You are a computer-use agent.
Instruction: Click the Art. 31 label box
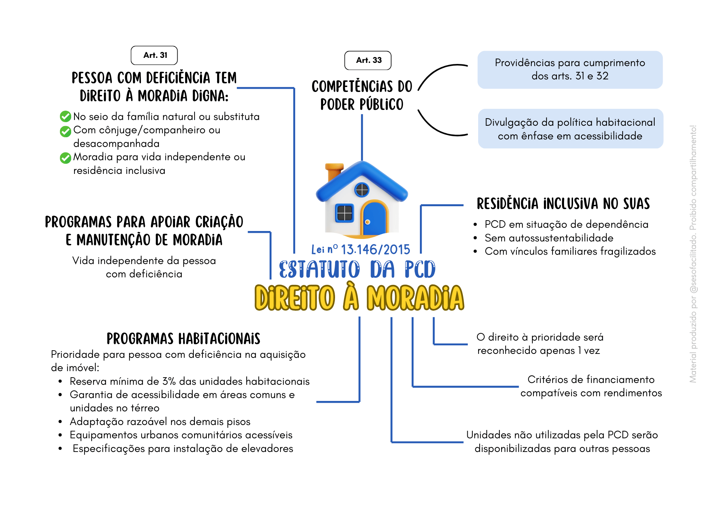pos(154,55)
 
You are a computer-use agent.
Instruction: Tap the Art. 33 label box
pos(368,60)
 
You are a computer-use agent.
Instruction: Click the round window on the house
pos(362,190)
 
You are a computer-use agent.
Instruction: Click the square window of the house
pos(344,213)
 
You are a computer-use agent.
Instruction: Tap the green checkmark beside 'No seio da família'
pos(65,116)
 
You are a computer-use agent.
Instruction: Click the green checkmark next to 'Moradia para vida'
pos(65,158)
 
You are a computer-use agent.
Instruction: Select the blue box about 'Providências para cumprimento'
pos(570,70)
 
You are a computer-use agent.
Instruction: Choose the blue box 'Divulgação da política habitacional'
pos(570,129)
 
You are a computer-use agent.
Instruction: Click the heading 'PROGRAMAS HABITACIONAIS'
pos(183,339)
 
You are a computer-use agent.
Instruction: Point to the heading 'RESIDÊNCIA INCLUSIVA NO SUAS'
pos(563,204)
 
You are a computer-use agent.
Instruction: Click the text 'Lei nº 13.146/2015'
pos(361,249)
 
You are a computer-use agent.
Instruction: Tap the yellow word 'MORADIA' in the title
pos(415,298)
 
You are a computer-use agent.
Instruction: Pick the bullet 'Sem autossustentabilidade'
pos(549,238)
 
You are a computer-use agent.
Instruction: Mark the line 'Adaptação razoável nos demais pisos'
pos(160,421)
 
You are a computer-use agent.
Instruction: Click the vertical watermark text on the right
pos(693,254)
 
